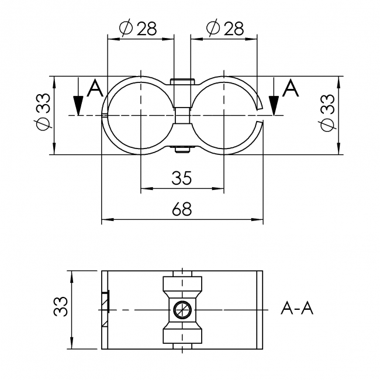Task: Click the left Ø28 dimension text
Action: (x=138, y=29)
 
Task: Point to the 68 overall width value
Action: (x=182, y=209)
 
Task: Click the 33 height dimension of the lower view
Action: (x=61, y=308)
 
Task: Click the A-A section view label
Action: (x=297, y=308)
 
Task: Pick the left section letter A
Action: (x=95, y=89)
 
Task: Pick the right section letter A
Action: (x=291, y=89)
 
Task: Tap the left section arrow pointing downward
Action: (x=78, y=105)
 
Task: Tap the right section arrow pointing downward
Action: (x=273, y=105)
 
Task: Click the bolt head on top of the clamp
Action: (x=182, y=81)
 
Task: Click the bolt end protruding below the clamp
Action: (x=182, y=151)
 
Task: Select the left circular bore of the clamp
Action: (x=141, y=115)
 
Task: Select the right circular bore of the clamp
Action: (x=223, y=115)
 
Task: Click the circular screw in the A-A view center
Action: (x=182, y=309)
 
